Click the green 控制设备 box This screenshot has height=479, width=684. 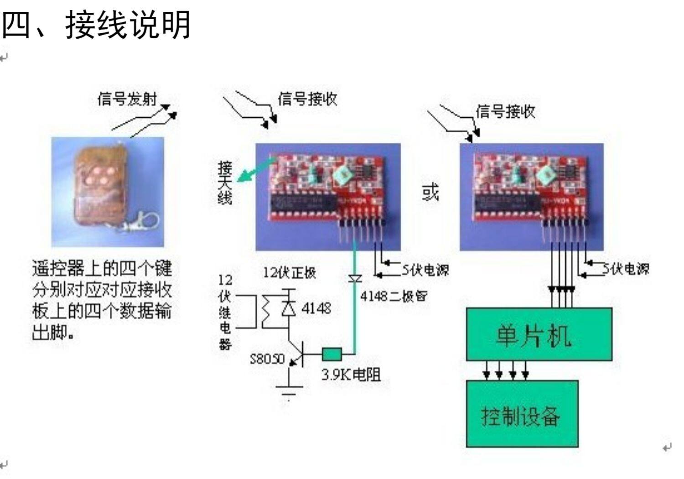click(522, 414)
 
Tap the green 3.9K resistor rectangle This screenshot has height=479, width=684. click(332, 354)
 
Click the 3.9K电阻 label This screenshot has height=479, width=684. click(351, 375)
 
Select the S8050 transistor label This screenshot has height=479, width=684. click(267, 359)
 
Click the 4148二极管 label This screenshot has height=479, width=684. click(394, 296)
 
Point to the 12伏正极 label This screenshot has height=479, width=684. click(290, 273)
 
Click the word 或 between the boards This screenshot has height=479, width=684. click(430, 192)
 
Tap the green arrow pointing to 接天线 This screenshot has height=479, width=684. click(255, 169)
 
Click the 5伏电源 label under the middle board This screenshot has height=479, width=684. click(425, 270)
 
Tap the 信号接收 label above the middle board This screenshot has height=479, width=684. click(308, 99)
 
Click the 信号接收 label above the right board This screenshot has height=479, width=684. click(505, 111)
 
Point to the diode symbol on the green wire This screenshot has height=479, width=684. click(355, 278)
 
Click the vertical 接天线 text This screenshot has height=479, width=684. click(225, 182)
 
